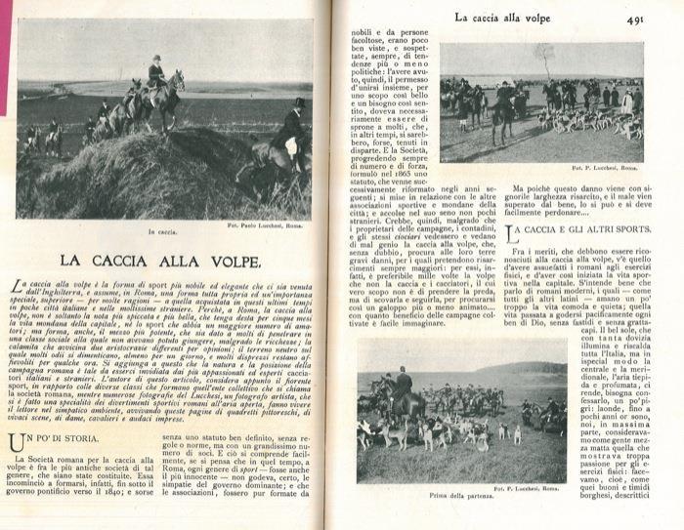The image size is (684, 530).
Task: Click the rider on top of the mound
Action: point(156,72)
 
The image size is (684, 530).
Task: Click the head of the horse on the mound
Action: point(179,78)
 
